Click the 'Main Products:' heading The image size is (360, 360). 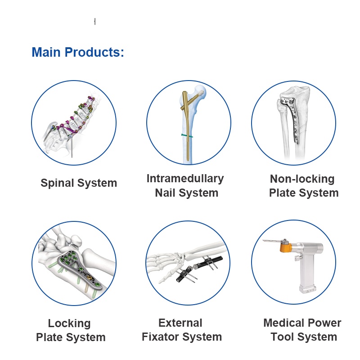tap(78, 52)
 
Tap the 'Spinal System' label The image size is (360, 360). tap(79, 183)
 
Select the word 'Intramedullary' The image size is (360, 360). tap(185, 179)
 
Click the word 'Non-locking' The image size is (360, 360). tap(302, 179)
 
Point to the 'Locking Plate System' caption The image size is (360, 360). tap(71, 330)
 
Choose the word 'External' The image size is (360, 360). tap(180, 323)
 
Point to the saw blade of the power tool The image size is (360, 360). tap(272, 241)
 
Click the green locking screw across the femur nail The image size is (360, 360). tap(187, 136)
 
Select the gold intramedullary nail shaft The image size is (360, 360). tap(188, 126)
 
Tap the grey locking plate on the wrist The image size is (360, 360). tap(78, 268)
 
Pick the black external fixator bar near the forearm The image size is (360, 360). tap(199, 268)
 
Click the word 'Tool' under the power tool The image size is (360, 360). tap(282, 337)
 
